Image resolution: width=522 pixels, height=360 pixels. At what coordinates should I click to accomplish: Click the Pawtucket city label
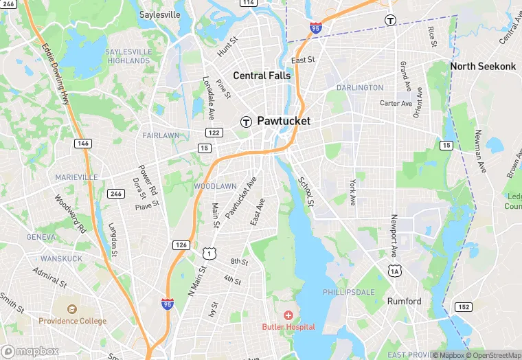point(284,121)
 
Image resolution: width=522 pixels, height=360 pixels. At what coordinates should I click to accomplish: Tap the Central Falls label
point(262,75)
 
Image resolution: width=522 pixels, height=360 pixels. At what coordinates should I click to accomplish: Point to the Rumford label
point(404,301)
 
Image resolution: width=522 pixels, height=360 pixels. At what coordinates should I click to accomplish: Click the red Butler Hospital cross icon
point(288,315)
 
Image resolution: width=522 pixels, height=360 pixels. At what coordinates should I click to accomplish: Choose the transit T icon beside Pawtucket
point(245,122)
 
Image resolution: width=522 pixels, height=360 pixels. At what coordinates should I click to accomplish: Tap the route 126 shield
point(181,245)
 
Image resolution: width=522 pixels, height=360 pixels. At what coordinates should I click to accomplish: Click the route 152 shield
point(464,306)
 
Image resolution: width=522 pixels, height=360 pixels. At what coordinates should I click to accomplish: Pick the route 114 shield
point(248,3)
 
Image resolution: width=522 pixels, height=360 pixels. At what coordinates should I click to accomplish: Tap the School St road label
point(306,192)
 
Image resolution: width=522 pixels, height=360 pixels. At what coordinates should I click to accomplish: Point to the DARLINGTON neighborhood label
point(360,88)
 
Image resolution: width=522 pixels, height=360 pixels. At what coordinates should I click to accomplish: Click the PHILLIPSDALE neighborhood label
point(349,292)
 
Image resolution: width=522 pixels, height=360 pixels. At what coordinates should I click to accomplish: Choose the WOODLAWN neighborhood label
point(215,186)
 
